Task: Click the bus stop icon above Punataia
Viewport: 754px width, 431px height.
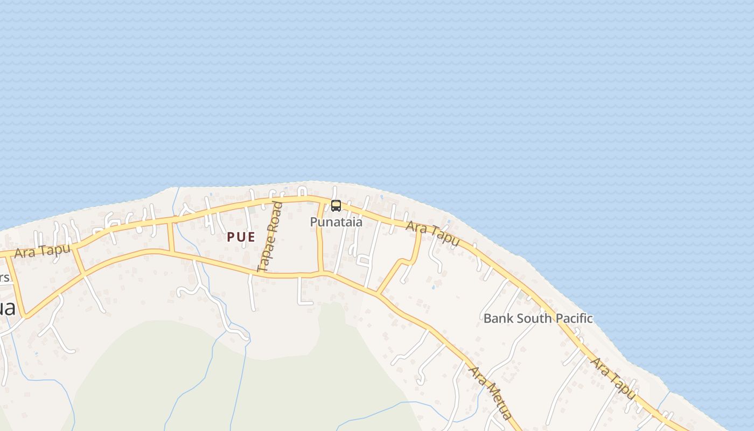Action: point(336,205)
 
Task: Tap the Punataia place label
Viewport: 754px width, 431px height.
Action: point(336,221)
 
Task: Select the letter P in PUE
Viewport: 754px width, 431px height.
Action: point(231,237)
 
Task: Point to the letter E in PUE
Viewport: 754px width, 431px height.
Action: point(252,237)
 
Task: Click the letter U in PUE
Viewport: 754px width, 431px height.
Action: point(241,237)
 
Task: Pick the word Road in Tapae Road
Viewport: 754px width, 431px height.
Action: point(274,218)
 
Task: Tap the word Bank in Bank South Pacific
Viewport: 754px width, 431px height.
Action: point(495,318)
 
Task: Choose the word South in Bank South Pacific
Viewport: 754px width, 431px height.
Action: point(531,318)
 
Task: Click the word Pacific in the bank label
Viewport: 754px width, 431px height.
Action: point(574,318)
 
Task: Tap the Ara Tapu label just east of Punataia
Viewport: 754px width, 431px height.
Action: point(432,234)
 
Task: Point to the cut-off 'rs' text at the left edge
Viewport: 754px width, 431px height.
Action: point(4,278)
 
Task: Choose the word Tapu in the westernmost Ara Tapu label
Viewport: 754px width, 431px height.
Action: point(53,250)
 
